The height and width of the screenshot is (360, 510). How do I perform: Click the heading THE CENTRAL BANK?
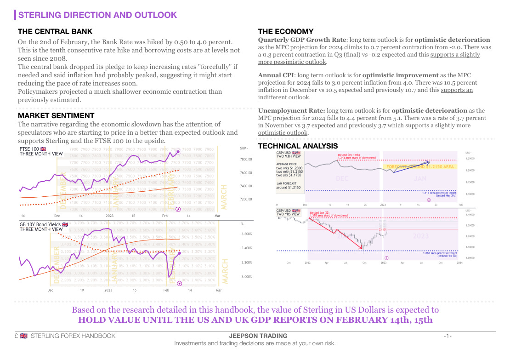(x=55, y=32)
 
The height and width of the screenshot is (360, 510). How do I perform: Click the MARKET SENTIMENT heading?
(x=56, y=115)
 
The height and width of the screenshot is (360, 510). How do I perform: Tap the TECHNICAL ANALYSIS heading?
(x=298, y=146)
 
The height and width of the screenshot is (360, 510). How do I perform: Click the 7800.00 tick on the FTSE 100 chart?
(x=246, y=160)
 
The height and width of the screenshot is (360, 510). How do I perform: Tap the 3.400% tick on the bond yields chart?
(x=246, y=248)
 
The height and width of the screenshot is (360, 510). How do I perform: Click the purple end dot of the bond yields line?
(x=179, y=252)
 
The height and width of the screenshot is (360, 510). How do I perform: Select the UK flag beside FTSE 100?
(x=44, y=149)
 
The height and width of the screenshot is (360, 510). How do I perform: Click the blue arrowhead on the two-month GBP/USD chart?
(x=429, y=161)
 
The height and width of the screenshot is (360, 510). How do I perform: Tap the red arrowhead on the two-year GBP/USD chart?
(x=363, y=248)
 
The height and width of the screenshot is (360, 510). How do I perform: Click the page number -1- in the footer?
(x=448, y=336)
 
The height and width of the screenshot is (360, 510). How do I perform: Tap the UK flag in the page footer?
(x=23, y=336)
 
